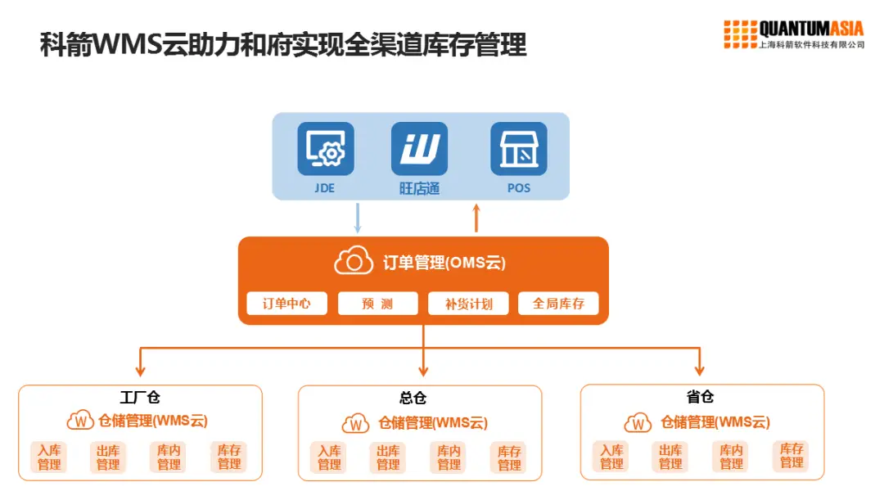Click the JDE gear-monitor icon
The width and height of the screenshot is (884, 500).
click(326, 148)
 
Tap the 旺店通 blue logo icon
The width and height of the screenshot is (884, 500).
click(420, 148)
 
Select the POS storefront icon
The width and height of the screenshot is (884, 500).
click(518, 148)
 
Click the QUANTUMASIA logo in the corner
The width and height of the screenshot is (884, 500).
click(793, 34)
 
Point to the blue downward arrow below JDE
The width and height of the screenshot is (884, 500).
click(358, 218)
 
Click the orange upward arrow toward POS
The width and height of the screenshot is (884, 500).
click(476, 218)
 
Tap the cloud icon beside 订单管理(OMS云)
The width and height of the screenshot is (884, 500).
click(354, 261)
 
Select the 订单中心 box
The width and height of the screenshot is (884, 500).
click(286, 304)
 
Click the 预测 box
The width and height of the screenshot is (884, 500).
click(377, 304)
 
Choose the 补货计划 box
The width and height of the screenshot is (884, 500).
click(468, 304)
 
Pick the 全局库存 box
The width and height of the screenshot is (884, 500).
click(558, 304)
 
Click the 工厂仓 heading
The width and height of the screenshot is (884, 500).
click(140, 399)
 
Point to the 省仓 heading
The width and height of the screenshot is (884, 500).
click(700, 397)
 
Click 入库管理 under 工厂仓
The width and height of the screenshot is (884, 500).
click(49, 457)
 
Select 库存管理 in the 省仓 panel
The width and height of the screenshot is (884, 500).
click(792, 456)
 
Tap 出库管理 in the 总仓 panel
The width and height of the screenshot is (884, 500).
click(388, 457)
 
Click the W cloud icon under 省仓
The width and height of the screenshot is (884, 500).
click(638, 423)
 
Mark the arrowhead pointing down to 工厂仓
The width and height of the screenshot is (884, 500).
click(141, 369)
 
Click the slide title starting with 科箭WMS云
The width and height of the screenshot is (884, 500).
click(283, 45)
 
